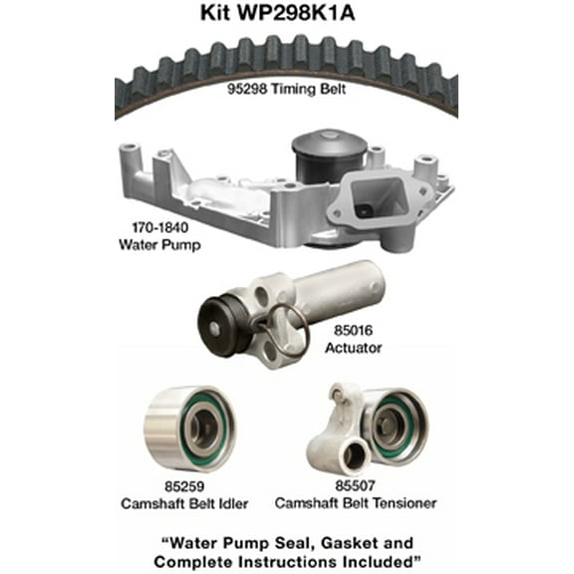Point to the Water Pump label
(154, 244)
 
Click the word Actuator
(354, 348)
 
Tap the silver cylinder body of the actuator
(339, 289)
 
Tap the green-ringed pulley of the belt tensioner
(392, 424)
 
